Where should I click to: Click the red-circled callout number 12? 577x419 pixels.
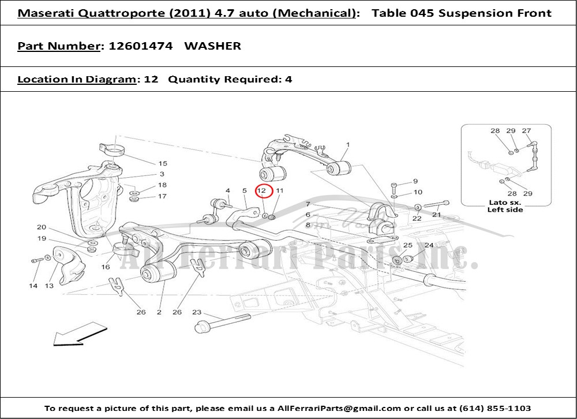coord(261,190)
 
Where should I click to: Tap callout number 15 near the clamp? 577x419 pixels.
coord(163,163)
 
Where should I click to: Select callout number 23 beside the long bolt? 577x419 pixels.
coord(197,312)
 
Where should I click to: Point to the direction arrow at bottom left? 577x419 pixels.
coord(80,334)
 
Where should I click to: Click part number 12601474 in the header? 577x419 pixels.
coord(141,46)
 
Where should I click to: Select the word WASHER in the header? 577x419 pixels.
coord(213,46)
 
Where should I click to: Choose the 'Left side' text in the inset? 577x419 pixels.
coord(505,209)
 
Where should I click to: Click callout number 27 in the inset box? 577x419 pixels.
coord(527,130)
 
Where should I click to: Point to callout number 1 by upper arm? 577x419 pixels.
coord(348,145)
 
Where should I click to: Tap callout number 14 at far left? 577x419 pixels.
coord(33,286)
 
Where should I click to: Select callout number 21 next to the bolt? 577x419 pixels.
coord(436,215)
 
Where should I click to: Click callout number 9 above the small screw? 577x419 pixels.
coord(415,181)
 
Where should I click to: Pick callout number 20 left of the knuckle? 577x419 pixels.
coord(42,227)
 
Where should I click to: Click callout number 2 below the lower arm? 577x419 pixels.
coord(159,312)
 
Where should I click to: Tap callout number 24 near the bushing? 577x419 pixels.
coord(429,245)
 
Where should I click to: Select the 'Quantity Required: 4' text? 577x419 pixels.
coord(230,79)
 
